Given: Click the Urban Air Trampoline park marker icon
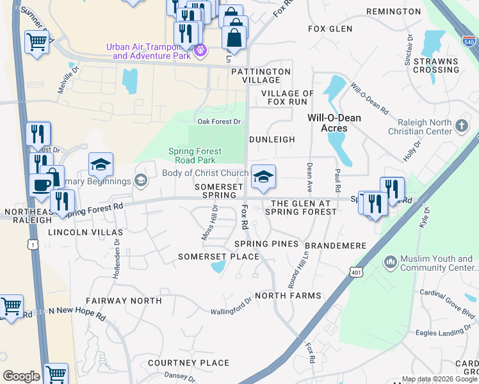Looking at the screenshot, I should (x=200, y=49).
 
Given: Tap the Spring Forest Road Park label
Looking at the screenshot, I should (x=195, y=156).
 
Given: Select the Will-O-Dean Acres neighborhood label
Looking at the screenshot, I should (x=334, y=123).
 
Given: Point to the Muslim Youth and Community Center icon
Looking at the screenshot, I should (x=390, y=262).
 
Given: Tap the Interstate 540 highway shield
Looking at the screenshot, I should (x=468, y=40).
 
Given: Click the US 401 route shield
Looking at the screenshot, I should (x=357, y=273).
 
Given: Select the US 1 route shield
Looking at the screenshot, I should (x=31, y=244).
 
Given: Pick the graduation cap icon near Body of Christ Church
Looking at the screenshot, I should (x=263, y=177).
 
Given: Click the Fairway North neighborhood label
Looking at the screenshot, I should (x=118, y=300).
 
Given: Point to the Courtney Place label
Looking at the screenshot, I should (x=188, y=363).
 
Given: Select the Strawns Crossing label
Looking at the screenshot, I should (x=436, y=65).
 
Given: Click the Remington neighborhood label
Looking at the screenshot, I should (x=393, y=12).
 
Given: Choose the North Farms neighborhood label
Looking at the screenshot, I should (x=288, y=295).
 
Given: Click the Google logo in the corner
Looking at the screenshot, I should (x=21, y=376).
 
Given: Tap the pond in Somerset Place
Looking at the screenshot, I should (x=218, y=266).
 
